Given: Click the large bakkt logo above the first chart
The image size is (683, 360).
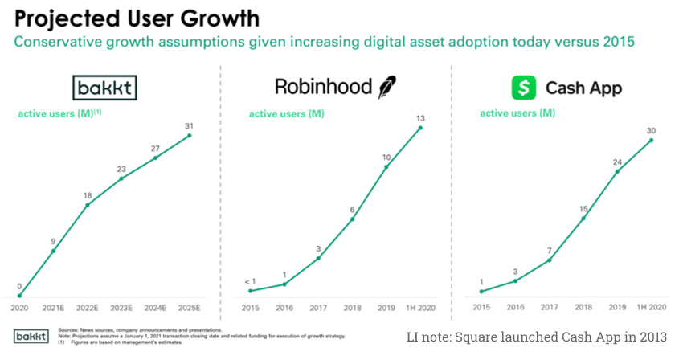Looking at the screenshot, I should point(105,87).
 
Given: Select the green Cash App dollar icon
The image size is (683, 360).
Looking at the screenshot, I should point(524,87).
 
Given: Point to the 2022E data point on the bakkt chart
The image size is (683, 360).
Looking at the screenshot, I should point(88,204).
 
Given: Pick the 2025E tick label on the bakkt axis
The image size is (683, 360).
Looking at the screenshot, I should point(190,308).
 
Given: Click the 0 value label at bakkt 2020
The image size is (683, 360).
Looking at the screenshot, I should point(19,285).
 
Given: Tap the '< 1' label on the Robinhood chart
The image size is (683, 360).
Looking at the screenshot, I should point(251,280).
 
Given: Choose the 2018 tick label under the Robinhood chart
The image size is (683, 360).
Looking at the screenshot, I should point(353,308).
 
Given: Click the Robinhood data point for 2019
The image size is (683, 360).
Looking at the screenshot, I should point(387,166).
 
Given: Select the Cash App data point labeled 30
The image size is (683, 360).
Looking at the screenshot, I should point(652,140).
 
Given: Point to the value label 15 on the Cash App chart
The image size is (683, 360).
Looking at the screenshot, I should point(583,208).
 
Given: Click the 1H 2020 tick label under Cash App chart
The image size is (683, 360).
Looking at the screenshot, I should point(652,308).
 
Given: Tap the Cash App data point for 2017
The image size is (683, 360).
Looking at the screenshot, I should point(550,260).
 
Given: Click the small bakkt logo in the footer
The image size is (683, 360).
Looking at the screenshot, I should point(31,335).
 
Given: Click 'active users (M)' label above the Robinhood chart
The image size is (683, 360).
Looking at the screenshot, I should point(286,114).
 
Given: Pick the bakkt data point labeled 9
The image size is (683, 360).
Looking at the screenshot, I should point(54,251).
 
